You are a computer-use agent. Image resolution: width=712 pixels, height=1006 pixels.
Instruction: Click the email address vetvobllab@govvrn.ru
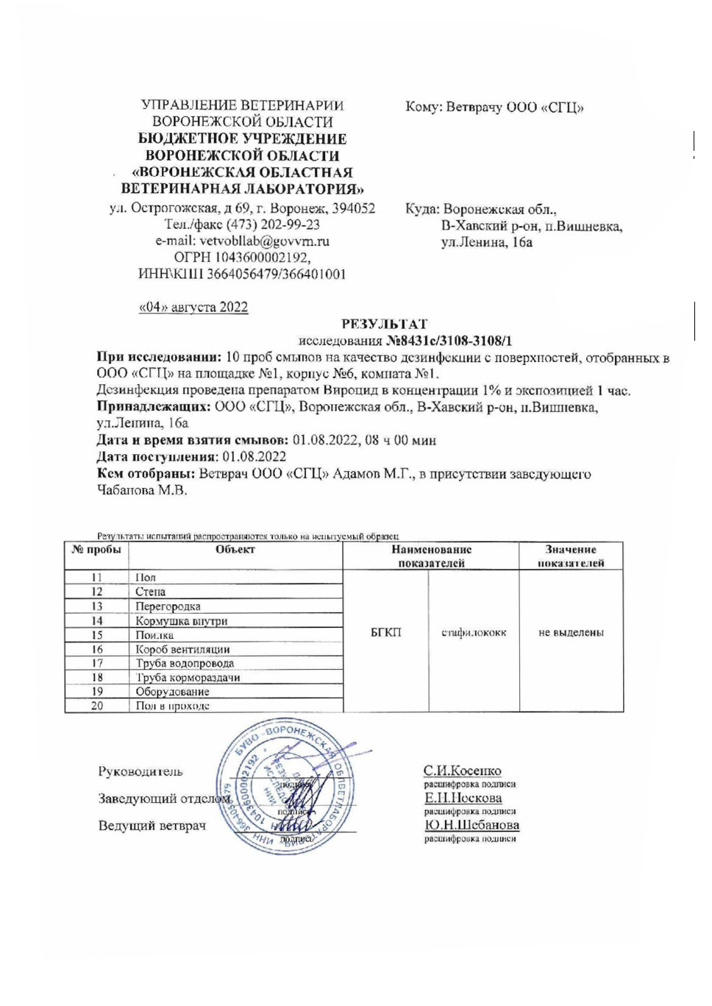[264, 241]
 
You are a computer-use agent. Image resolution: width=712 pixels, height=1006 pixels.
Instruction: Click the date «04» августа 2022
[193, 307]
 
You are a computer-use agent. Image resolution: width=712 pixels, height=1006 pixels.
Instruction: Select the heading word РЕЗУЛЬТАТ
[384, 324]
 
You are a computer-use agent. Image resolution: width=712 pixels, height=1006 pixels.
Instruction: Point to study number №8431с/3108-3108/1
[449, 341]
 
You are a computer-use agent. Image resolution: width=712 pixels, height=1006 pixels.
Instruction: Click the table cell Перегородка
[168, 606]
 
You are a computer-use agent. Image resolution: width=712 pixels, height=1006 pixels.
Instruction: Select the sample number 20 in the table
[97, 706]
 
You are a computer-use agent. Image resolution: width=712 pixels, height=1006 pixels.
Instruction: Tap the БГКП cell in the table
[386, 633]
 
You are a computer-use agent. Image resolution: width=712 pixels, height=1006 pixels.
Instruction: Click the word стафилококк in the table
[474, 633]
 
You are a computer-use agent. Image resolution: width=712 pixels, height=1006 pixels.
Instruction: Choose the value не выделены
[571, 633]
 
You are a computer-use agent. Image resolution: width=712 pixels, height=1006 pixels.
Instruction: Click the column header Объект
[235, 550]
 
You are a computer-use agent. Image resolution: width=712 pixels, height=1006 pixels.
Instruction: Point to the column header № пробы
[96, 550]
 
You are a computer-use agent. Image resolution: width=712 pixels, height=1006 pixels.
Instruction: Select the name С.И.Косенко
[462, 771]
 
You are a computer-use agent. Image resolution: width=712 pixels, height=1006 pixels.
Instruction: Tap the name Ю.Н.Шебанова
[471, 825]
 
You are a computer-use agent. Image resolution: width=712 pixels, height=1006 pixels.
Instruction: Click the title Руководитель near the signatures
[140, 771]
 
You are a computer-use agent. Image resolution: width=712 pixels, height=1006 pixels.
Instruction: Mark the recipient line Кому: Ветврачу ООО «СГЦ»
[494, 107]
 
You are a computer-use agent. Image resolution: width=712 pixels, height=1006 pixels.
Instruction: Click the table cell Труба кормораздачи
[188, 678]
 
